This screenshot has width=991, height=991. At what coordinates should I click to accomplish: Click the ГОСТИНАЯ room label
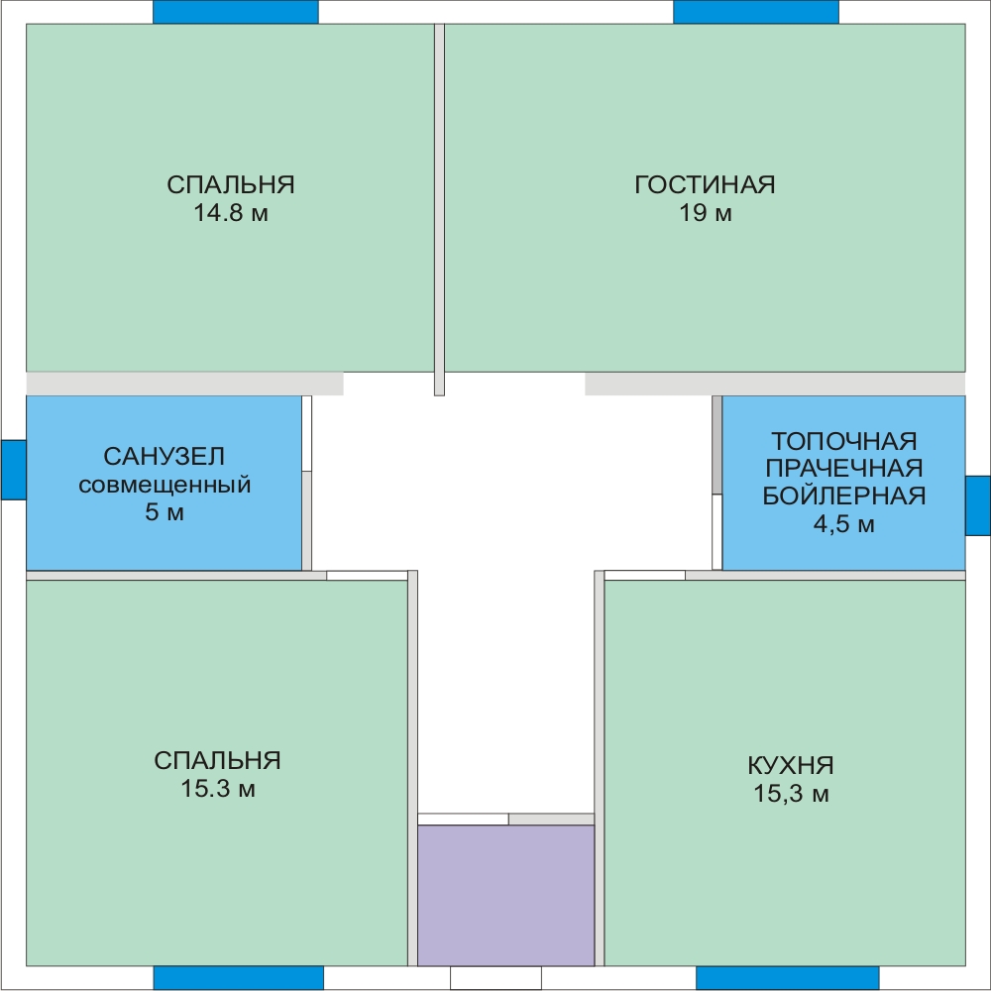coord(705,184)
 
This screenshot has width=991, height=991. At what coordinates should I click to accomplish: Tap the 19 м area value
coord(706,213)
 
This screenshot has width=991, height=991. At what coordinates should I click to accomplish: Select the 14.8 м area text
coord(231,213)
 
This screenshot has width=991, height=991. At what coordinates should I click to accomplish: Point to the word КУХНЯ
coord(791,765)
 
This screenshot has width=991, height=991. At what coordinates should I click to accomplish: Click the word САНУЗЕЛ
coord(164,456)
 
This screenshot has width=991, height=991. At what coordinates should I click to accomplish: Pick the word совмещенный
coord(165,485)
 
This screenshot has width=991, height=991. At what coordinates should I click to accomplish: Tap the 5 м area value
coord(165,512)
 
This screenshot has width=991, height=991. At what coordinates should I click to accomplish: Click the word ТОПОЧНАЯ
coord(843,441)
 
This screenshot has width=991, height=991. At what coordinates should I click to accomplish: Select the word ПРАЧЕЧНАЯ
coord(843,469)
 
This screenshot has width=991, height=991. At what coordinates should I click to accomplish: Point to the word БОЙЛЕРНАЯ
coord(843,496)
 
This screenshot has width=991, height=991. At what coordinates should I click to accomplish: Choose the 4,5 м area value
coord(843,524)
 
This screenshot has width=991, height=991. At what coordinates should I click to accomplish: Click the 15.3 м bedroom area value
coord(218,789)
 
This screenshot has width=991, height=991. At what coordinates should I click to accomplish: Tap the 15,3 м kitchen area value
coord(791,793)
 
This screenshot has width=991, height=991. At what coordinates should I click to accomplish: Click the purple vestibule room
coord(505,895)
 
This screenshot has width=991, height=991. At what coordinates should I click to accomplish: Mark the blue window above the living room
coord(756,12)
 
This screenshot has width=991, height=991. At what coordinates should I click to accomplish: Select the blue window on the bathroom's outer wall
coord(13,470)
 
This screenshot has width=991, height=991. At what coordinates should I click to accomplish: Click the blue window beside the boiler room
coord(978,505)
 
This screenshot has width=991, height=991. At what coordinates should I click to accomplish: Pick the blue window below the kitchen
coord(788,978)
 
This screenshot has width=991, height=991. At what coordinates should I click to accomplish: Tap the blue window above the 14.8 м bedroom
coord(236,12)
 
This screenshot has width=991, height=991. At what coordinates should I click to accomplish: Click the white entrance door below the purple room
coord(495,978)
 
